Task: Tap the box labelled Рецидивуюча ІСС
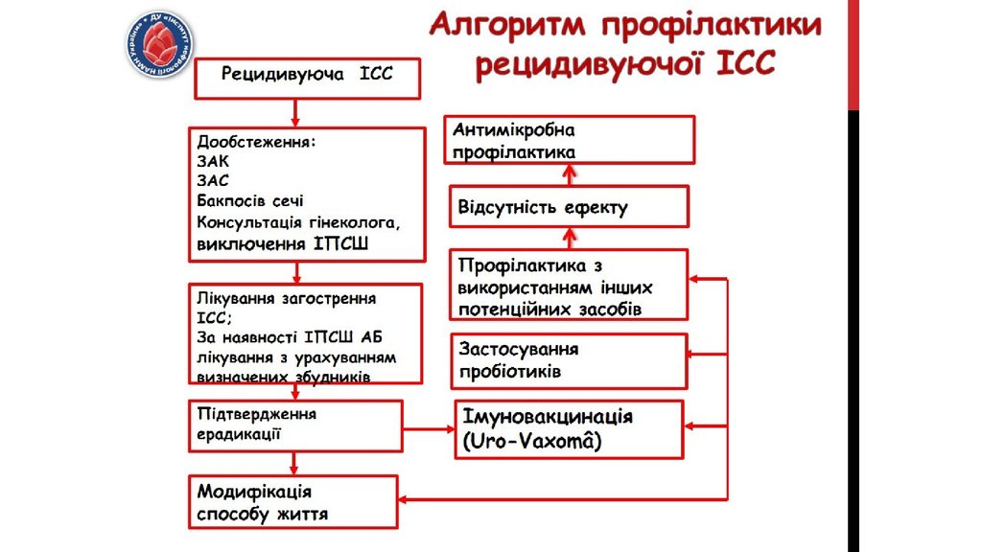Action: coord(308,77)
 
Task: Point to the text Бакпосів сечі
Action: coord(250,200)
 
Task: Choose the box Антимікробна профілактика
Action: coord(570,140)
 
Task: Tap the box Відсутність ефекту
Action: coord(569,207)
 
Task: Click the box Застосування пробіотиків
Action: coord(569,360)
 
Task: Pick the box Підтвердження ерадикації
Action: coord(294,425)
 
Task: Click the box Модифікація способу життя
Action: coord(292,501)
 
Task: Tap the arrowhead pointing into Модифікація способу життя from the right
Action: coord(407,498)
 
